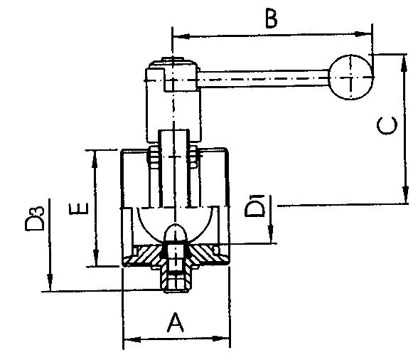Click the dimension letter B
point(272,19)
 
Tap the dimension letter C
point(387,125)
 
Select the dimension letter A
point(176,322)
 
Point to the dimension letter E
point(79,209)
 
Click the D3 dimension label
point(35,218)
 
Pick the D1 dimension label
point(254,206)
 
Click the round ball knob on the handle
point(350,77)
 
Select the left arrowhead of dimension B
point(181,36)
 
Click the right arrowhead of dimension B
point(363,34)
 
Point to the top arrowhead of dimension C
point(404,63)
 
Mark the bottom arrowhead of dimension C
point(405,195)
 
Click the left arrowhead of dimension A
point(132,339)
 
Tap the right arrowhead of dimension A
point(221,339)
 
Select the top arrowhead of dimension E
point(95,159)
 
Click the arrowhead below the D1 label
point(271,234)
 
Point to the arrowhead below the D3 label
point(50,282)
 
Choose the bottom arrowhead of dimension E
point(96,257)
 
